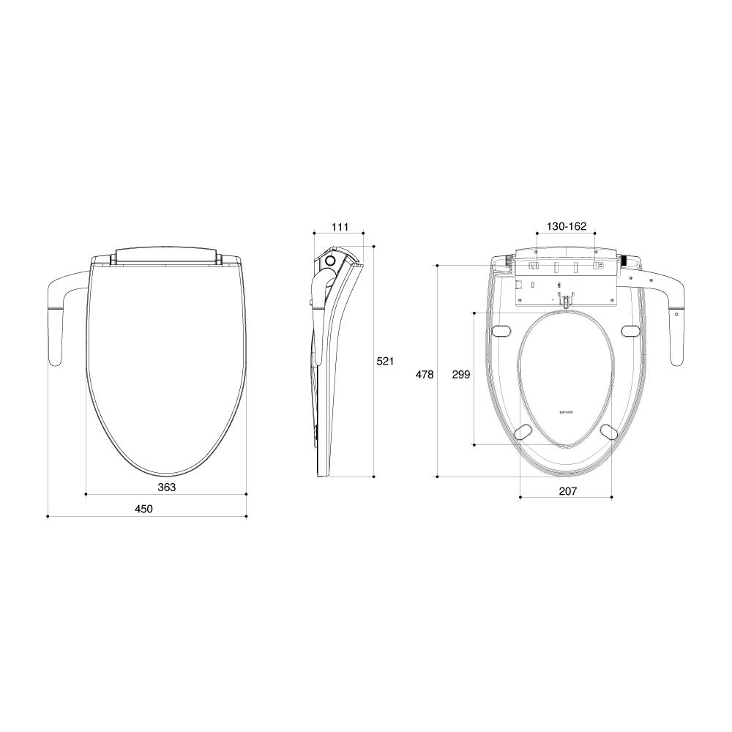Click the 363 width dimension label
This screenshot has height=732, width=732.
tap(166, 487)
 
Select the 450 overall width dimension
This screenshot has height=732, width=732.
tap(143, 509)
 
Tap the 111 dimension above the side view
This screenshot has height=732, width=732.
tap(340, 227)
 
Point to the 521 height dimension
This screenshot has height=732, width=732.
tap(385, 361)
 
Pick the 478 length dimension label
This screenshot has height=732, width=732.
tap(425, 374)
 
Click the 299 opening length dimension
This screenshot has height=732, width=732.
tap(460, 374)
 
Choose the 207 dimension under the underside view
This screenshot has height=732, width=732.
tap(567, 490)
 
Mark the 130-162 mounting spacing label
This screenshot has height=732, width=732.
tap(567, 227)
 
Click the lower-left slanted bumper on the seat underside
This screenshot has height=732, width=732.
tap(525, 432)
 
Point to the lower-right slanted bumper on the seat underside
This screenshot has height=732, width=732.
tap(608, 432)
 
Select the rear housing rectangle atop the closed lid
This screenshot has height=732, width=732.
tap(166, 255)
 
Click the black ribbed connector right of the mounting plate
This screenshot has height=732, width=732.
tap(626, 260)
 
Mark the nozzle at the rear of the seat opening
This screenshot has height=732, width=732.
tap(565, 300)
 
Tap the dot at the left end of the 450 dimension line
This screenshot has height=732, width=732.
tap(48, 517)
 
